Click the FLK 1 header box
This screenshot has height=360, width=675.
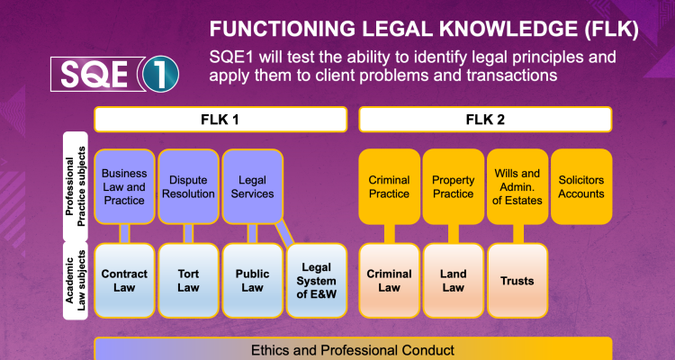[x=220, y=119]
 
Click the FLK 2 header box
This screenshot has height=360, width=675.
[x=485, y=119]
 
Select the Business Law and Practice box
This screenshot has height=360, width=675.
[x=123, y=186]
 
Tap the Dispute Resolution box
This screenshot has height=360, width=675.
[x=188, y=186]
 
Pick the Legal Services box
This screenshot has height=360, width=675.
[x=252, y=186]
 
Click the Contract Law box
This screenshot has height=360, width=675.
[x=123, y=280]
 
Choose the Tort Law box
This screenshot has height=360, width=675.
[x=188, y=280]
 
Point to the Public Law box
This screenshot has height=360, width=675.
[x=252, y=280]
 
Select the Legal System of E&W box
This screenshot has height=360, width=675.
[x=317, y=280]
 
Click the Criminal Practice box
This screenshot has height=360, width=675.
[x=389, y=186]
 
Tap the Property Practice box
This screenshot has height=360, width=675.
[x=453, y=186]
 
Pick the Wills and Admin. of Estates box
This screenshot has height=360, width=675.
[x=517, y=186]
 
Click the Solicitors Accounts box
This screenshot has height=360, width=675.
[x=581, y=186]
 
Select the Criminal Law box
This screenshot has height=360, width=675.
[x=389, y=280]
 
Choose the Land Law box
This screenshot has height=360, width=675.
[x=453, y=280]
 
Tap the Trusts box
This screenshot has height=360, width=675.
[x=517, y=280]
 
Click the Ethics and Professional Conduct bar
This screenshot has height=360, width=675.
[x=352, y=348]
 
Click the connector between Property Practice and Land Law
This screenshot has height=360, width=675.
[x=453, y=233]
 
